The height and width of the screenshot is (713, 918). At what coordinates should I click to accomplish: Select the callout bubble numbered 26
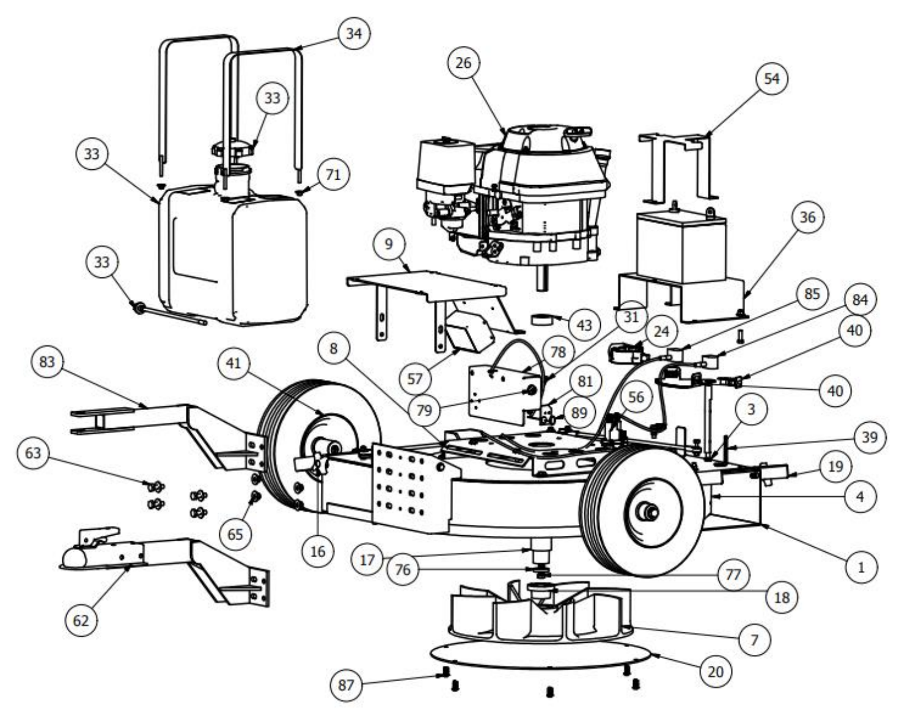click(x=464, y=63)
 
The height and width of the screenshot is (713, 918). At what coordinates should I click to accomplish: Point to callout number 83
click(x=47, y=362)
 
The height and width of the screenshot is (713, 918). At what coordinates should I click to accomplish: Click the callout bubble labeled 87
click(x=347, y=685)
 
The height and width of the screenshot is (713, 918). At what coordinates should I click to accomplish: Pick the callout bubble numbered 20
click(x=715, y=671)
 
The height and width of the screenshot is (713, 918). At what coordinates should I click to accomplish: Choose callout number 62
click(x=81, y=621)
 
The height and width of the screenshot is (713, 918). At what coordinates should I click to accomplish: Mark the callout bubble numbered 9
click(x=389, y=244)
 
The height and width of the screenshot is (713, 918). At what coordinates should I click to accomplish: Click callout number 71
click(x=333, y=175)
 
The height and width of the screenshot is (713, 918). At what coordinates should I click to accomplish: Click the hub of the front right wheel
click(x=646, y=511)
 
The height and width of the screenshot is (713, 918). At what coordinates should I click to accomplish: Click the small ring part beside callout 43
click(x=542, y=320)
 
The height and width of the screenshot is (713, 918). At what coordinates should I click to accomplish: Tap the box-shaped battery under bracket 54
click(x=681, y=246)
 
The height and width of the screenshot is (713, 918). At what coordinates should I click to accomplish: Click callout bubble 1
click(x=861, y=568)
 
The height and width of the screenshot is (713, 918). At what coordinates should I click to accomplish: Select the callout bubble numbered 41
click(x=233, y=364)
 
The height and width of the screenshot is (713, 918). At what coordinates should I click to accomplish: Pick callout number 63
click(x=33, y=453)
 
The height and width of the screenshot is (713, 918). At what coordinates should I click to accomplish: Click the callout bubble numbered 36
click(x=807, y=217)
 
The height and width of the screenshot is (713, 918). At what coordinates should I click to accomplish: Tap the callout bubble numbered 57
click(x=415, y=379)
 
